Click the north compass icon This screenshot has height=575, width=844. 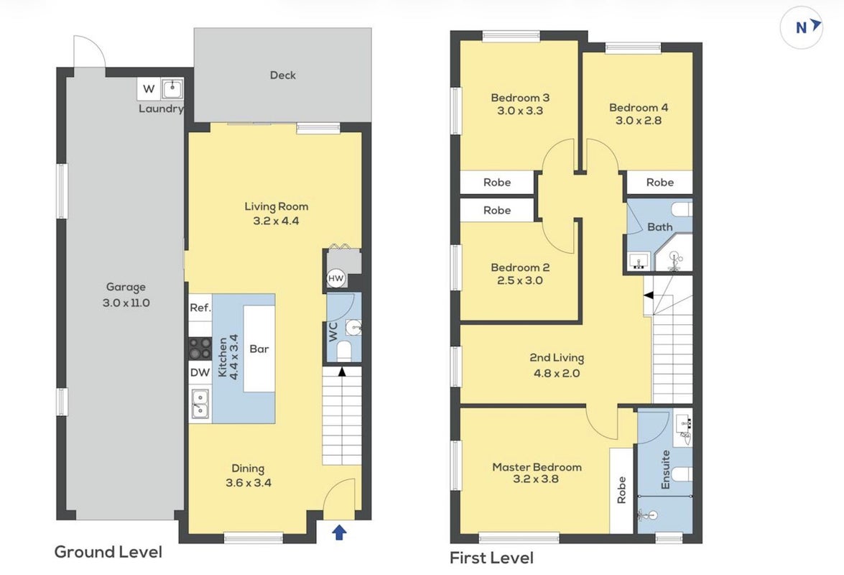[802, 27]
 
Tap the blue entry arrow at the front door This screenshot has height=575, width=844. [339, 533]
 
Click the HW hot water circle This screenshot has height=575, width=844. [335, 278]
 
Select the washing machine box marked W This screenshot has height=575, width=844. [149, 89]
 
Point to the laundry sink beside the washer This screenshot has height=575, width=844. [172, 89]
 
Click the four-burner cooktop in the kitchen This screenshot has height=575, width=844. [200, 348]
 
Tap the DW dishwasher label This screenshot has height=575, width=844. [200, 372]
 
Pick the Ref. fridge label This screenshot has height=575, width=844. [200, 308]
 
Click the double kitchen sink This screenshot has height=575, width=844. [200, 404]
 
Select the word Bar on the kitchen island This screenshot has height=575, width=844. [259, 349]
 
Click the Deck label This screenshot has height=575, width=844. [282, 75]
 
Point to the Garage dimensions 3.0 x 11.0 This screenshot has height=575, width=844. [126, 303]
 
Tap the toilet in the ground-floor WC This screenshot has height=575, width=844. [343, 351]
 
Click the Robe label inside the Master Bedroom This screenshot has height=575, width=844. [621, 489]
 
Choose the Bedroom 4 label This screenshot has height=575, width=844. [639, 108]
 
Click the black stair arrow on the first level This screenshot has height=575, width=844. [649, 295]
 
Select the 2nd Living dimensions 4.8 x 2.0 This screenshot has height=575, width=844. [557, 373]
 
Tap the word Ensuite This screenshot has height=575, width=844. [665, 469]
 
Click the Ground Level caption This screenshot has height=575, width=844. [108, 552]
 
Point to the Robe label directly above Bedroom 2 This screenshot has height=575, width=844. [497, 210]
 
